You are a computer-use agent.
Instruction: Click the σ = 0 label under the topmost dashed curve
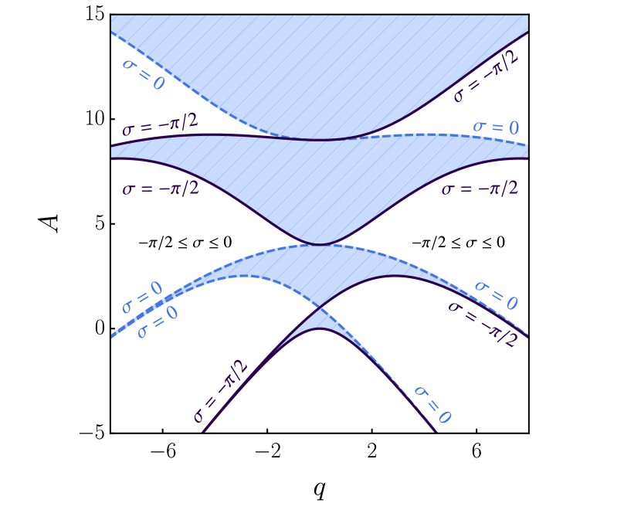(x=144, y=73)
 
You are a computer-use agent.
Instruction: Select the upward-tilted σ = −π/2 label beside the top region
(x=486, y=76)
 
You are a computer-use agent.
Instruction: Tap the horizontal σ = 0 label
(x=496, y=127)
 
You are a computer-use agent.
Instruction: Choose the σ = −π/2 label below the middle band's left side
(x=161, y=188)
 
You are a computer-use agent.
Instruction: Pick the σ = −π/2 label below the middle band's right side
(x=480, y=188)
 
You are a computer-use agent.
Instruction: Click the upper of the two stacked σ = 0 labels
(x=142, y=297)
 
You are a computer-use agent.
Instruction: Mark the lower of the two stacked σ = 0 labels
(x=158, y=321)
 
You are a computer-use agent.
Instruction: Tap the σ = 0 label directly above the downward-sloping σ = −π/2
(x=496, y=295)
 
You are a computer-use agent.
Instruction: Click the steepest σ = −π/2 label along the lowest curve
(x=221, y=393)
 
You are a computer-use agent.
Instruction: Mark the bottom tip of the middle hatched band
(x=319, y=244)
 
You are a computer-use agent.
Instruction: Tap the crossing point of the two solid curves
(x=319, y=308)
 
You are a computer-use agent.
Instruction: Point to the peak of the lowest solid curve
(x=319, y=329)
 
